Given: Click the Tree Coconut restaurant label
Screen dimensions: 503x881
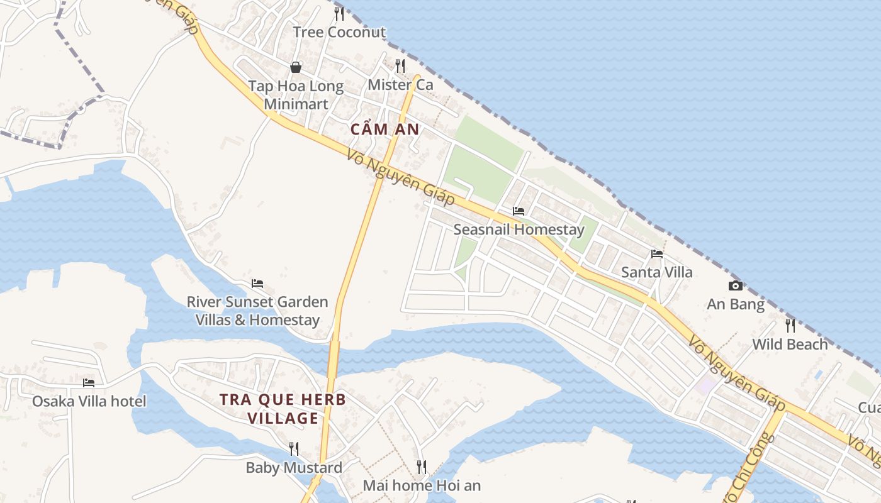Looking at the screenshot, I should [x=339, y=32].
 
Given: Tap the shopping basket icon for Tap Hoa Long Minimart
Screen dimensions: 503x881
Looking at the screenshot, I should [x=296, y=67].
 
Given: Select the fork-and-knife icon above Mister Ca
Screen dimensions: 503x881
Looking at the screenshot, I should [x=400, y=65].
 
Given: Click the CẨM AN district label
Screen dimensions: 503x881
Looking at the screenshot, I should [x=384, y=130].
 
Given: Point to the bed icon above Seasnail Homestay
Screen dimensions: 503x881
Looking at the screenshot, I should [x=519, y=211].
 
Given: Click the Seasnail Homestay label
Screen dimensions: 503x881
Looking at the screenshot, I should [x=519, y=229].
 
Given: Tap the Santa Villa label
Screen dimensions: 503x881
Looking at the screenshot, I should [x=656, y=272].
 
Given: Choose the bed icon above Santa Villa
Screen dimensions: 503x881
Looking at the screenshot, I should [x=657, y=254].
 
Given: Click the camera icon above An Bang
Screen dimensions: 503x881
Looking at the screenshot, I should [x=735, y=286].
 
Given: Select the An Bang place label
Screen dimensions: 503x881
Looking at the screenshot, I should [x=736, y=304].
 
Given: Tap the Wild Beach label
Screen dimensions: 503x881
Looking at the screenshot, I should [x=790, y=344].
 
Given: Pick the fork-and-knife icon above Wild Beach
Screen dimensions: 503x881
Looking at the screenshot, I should [x=790, y=326].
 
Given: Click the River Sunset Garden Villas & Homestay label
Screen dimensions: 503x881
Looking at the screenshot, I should [x=257, y=311].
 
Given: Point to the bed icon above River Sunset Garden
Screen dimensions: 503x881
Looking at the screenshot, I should [x=257, y=284].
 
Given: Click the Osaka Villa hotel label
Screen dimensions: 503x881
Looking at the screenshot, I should [x=89, y=401].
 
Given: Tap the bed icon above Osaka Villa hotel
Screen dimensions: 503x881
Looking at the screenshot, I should [x=89, y=382].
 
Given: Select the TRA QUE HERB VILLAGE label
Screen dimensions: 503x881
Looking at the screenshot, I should [x=283, y=409].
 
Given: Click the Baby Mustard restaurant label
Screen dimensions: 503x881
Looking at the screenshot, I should [x=294, y=467].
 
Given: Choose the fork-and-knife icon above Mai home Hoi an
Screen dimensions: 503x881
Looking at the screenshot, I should [x=422, y=467].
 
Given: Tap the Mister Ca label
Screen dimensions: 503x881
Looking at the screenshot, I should [x=400, y=84].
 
